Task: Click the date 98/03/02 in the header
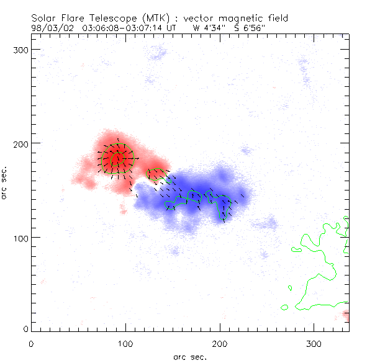tap(50, 28)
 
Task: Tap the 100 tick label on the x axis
tap(125, 343)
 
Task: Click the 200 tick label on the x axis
tap(220, 343)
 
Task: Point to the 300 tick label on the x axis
tap(314, 343)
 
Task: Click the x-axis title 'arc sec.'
tap(189, 357)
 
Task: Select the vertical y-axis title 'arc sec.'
tap(5, 182)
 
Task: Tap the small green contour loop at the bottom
tap(284, 307)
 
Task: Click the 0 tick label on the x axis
tap(31, 343)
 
